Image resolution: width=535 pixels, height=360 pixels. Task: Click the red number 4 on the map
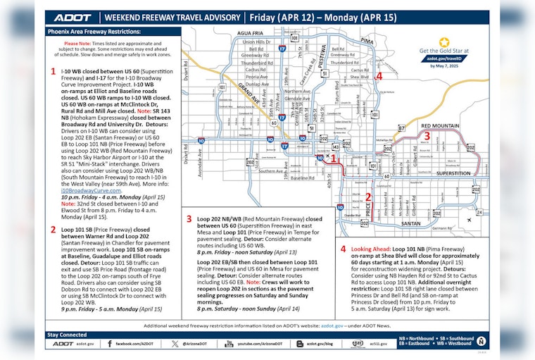379,76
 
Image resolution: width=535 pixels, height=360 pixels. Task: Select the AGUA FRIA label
250,33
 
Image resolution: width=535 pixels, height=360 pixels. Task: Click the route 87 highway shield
401,128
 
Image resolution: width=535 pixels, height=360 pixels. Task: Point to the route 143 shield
336,147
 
